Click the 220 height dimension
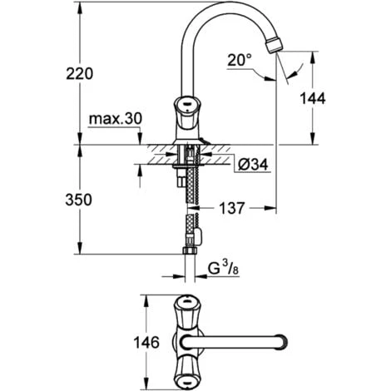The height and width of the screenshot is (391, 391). (x=80, y=74)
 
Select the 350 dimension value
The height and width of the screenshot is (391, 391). (x=78, y=200)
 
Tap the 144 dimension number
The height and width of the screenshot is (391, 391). (x=313, y=98)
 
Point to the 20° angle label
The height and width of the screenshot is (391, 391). (x=240, y=60)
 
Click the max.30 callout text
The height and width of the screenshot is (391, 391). (x=116, y=119)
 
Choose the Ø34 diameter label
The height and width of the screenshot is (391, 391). (x=253, y=166)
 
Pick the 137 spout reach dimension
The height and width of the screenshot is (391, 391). (x=232, y=208)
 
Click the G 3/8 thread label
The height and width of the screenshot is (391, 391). (x=223, y=269)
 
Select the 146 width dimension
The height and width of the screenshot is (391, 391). (x=146, y=343)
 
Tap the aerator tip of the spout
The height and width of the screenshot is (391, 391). (x=274, y=45)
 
